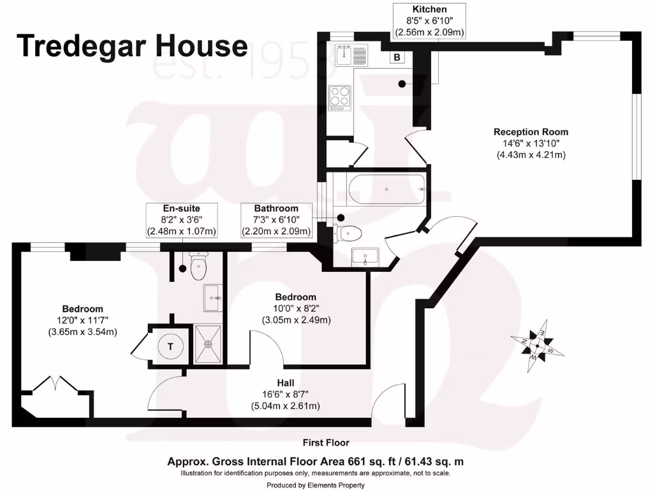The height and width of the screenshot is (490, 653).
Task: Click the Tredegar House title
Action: [x=132, y=46]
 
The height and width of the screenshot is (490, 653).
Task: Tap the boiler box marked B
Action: [x=397, y=57]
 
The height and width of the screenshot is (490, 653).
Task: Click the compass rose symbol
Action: [x=537, y=346]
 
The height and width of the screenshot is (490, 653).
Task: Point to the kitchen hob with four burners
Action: [x=339, y=98]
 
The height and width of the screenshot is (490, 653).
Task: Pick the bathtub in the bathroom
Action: [x=386, y=189]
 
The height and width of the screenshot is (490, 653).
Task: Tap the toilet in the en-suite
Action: [x=198, y=269]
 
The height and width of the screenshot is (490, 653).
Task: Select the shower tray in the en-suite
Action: [x=208, y=344]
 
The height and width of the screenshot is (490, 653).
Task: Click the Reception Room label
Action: [x=531, y=132]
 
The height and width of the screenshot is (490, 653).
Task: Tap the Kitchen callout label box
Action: [x=429, y=20]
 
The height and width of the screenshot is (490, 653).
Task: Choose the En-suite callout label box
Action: [x=182, y=219]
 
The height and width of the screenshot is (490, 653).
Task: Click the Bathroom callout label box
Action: [x=276, y=219]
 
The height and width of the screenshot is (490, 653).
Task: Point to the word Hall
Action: [x=285, y=383]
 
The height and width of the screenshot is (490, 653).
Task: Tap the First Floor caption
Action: [x=326, y=442]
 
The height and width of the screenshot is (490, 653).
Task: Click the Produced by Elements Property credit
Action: [x=315, y=485]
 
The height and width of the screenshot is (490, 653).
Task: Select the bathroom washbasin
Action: [x=365, y=257]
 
